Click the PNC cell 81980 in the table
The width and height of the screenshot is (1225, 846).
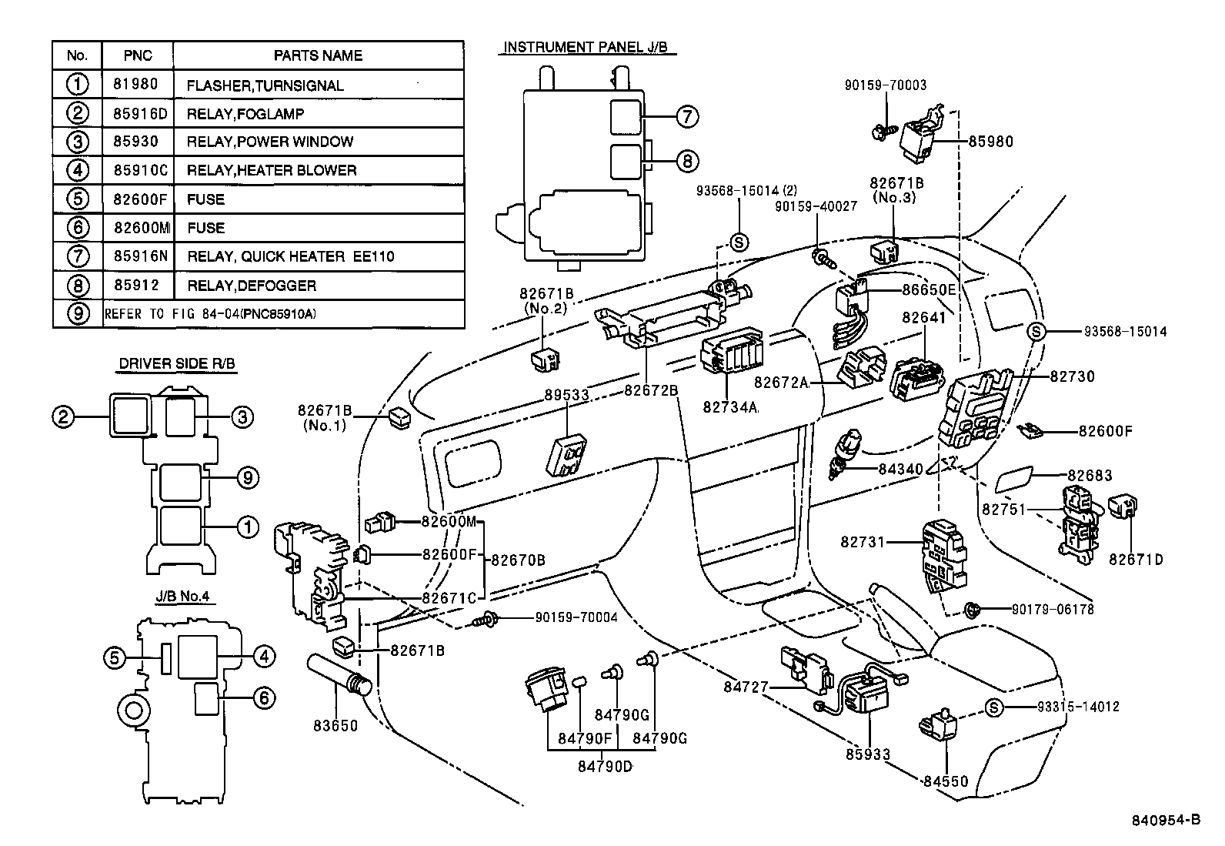pyautogui.click(x=137, y=85)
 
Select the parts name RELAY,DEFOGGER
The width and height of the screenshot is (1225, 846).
pyautogui.click(x=251, y=286)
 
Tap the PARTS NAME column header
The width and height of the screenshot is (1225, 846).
pyautogui.click(x=318, y=55)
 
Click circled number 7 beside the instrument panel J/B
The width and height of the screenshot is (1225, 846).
pyautogui.click(x=686, y=117)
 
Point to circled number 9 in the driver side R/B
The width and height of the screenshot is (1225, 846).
pyautogui.click(x=247, y=478)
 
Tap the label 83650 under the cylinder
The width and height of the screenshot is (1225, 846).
pyautogui.click(x=335, y=724)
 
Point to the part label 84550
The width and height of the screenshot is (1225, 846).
pyautogui.click(x=946, y=781)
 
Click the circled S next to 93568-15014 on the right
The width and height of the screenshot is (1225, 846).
pyautogui.click(x=1036, y=332)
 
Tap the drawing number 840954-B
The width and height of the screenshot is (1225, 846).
pyautogui.click(x=1166, y=820)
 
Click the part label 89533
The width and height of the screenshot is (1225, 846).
pyautogui.click(x=567, y=395)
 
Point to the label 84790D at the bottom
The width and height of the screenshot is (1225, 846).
pyautogui.click(x=606, y=767)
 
